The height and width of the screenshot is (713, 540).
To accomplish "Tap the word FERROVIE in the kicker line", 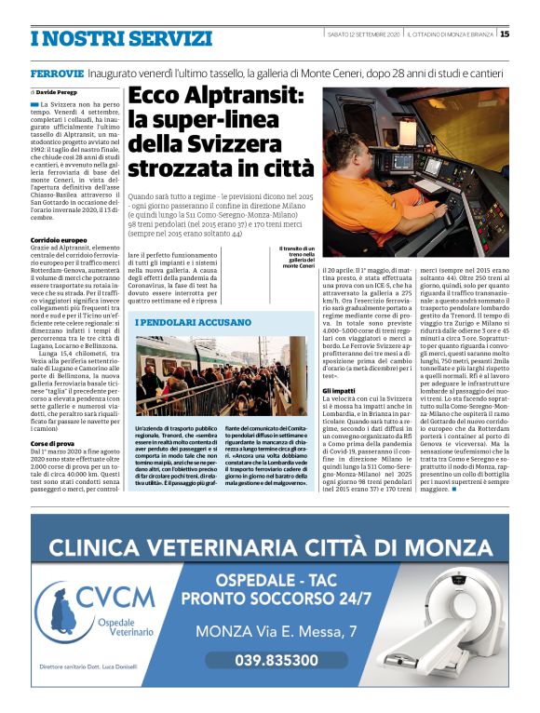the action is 59,73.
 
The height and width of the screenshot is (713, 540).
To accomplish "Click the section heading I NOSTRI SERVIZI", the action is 121,38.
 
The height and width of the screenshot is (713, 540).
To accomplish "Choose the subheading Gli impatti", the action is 339,390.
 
